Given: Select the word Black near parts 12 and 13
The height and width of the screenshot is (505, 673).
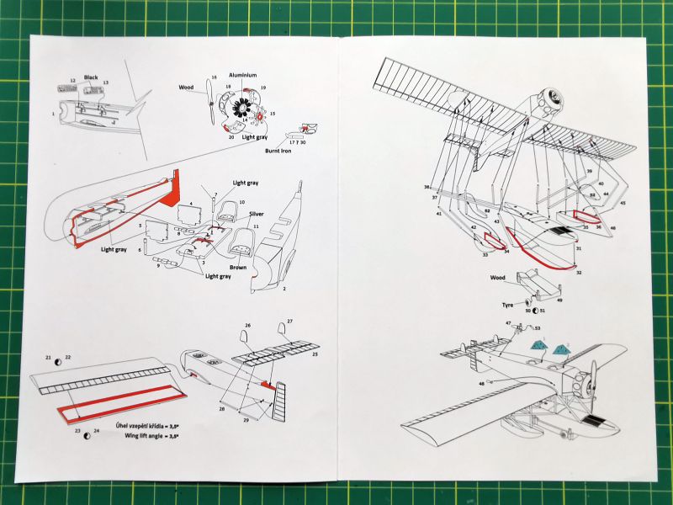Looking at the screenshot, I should click(91, 77).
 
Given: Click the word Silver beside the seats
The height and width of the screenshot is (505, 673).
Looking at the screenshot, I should click(256, 214).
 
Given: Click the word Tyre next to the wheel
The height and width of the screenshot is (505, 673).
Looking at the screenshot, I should click(507, 306).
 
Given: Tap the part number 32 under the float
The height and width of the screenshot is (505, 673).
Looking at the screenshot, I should click(579, 272).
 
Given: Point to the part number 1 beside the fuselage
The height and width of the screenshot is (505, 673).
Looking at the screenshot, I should click(53, 113).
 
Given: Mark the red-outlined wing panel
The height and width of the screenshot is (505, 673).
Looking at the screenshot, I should click(114, 413).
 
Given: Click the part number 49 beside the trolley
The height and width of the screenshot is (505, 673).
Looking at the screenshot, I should click(559, 299).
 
